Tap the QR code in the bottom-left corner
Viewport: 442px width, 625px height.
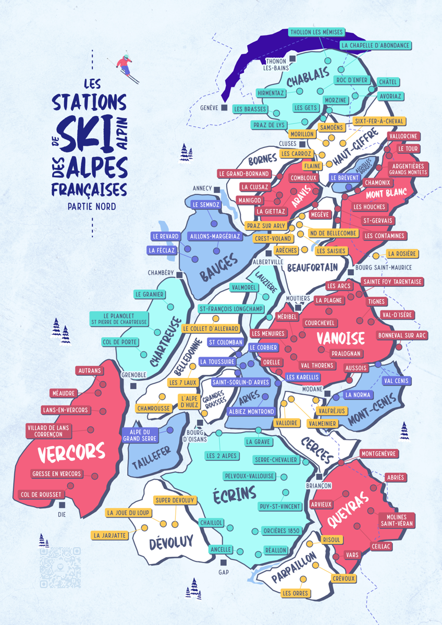click(x=60, y=567)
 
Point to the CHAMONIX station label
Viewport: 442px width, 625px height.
click(x=379, y=183)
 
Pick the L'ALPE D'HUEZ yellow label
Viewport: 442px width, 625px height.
click(x=190, y=401)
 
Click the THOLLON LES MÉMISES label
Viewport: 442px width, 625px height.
click(x=316, y=32)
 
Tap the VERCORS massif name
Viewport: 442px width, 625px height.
click(x=71, y=453)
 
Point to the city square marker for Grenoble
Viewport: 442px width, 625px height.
click(x=134, y=386)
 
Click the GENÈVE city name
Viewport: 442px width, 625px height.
click(x=208, y=108)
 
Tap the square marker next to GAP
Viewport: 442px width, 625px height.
click(x=224, y=562)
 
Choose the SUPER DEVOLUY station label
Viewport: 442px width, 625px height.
click(x=175, y=500)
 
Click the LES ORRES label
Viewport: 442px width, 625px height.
click(x=296, y=593)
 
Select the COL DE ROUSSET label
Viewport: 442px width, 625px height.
click(x=41, y=494)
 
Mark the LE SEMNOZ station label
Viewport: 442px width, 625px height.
click(x=206, y=205)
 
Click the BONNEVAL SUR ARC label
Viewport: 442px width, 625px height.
click(x=402, y=335)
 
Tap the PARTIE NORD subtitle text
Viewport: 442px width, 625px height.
click(x=92, y=206)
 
